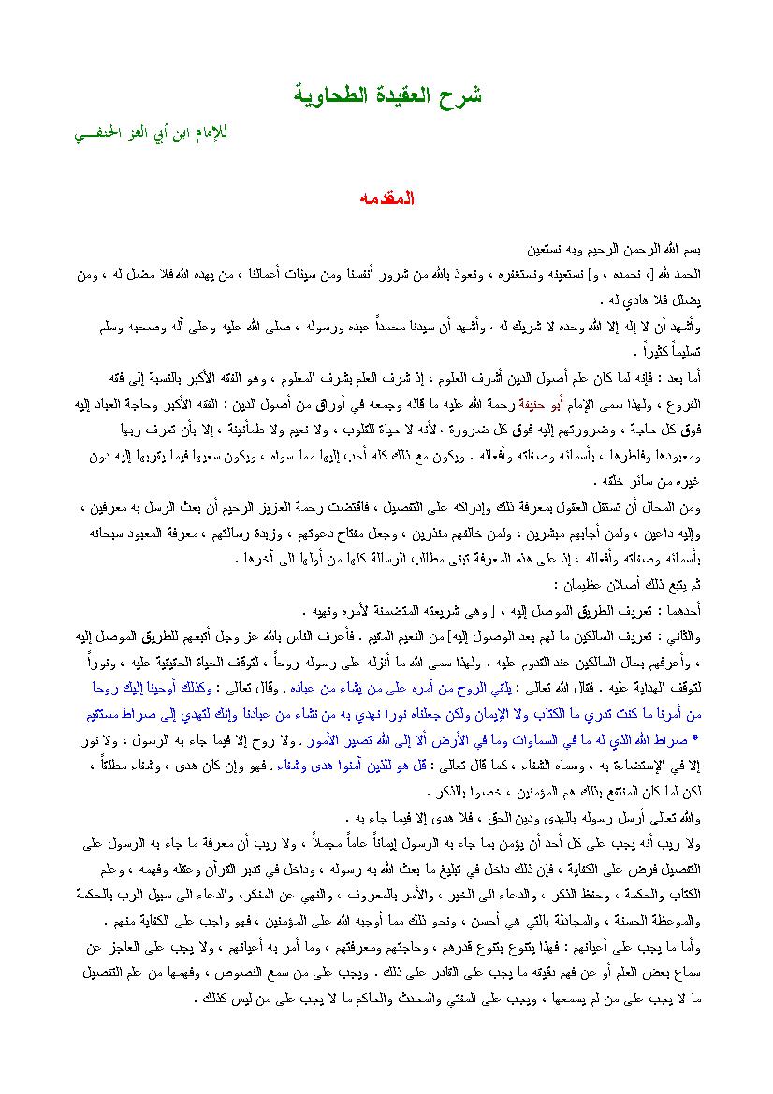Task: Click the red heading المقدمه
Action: coord(386,200)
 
